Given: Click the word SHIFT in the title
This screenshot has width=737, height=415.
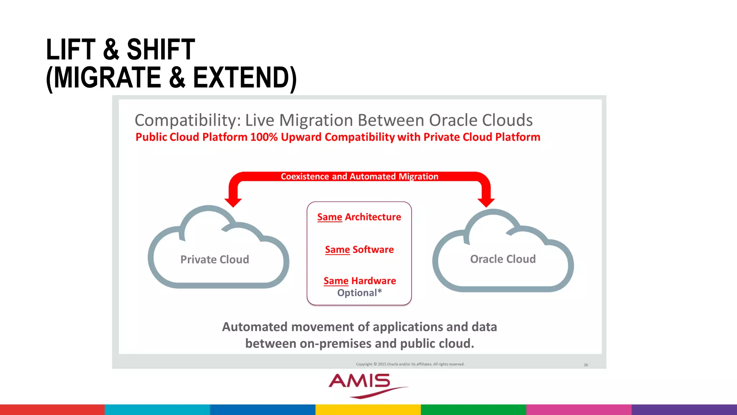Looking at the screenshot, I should click(x=160, y=50).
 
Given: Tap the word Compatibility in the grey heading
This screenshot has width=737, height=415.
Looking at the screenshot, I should click(x=187, y=120).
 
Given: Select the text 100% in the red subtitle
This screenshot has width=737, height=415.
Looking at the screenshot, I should click(x=264, y=137).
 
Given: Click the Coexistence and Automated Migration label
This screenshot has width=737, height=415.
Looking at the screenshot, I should click(x=359, y=177).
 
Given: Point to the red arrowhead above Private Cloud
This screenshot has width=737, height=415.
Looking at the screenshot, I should click(x=233, y=202).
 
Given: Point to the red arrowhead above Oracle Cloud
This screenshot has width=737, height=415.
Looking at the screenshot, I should click(x=486, y=202).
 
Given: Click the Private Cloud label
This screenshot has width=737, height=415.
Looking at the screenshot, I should click(x=214, y=259).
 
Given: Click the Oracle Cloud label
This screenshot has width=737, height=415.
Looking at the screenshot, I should click(x=503, y=259).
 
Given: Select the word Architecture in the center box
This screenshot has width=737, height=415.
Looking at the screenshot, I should click(x=373, y=217).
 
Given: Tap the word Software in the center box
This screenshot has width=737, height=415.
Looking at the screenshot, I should click(x=373, y=250).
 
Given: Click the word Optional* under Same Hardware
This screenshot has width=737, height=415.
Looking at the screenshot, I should click(x=359, y=293).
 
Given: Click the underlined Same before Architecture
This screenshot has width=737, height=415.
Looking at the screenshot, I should click(x=330, y=217).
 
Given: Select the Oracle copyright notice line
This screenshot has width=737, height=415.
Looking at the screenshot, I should click(x=410, y=364).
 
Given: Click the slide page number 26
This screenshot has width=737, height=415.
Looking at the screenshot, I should click(x=585, y=365).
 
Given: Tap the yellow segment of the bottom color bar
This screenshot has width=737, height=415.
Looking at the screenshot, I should click(x=368, y=410).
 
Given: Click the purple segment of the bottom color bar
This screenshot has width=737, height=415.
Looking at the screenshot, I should click(x=684, y=410).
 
